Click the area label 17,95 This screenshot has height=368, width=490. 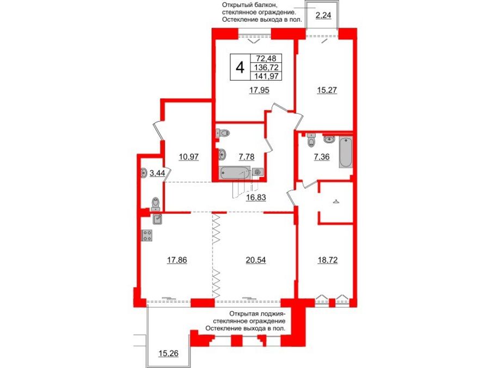coord(260,91)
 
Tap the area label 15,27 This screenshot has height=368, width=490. coord(328,91)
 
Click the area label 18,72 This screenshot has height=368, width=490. coord(327,260)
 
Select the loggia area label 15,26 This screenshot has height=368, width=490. coord(168,353)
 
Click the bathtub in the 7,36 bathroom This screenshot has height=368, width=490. coord(346,153)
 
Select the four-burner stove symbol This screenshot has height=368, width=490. coord(147,236)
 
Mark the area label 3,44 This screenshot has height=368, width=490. coord(157,173)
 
